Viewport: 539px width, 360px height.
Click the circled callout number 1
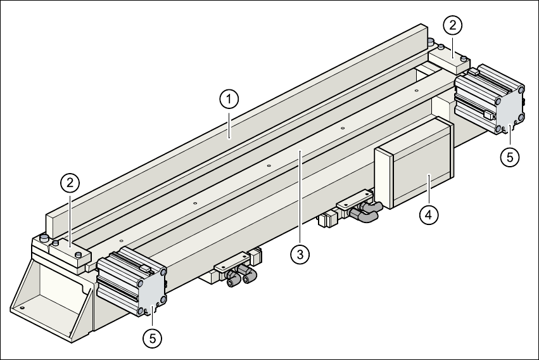pos(229,99)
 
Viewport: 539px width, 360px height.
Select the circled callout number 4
pos(429,214)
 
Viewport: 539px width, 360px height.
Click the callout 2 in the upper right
pos(452,26)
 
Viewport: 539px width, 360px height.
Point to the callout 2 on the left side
pos(70,183)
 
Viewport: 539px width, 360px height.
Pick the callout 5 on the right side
pos(510,157)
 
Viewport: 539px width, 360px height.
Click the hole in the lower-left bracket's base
pos(22,309)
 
